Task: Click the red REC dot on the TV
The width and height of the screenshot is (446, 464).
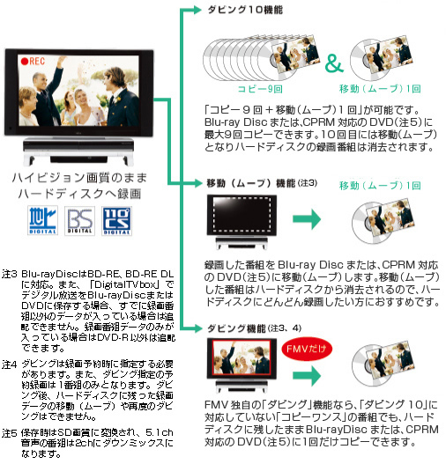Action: (x=25, y=62)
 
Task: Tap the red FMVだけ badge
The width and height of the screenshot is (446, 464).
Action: (x=307, y=349)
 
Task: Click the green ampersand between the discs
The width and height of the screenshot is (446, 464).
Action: (x=334, y=63)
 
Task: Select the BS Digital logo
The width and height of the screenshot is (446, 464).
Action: (x=79, y=221)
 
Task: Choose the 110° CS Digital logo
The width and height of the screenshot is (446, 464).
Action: (x=116, y=221)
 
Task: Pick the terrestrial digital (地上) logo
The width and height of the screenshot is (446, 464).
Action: (x=42, y=221)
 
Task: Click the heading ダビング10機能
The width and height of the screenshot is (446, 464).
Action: (x=245, y=10)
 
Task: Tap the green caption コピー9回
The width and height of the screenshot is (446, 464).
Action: (x=260, y=89)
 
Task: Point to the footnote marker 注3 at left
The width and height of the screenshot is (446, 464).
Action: (x=10, y=274)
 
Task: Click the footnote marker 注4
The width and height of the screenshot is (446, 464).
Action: (x=10, y=365)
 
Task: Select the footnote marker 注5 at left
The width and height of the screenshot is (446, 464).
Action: (x=10, y=433)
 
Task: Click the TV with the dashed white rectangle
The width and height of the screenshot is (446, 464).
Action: (x=242, y=222)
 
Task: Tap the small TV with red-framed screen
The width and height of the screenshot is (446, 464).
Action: (x=242, y=365)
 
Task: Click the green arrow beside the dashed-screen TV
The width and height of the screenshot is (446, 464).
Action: (x=307, y=219)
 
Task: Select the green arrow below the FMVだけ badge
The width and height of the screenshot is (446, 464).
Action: (x=307, y=376)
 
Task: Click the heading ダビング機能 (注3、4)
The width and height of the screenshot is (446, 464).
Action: (x=254, y=328)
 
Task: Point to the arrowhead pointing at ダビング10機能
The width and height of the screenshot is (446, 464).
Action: (x=197, y=10)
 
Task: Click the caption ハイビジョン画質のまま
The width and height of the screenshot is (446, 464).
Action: (x=79, y=178)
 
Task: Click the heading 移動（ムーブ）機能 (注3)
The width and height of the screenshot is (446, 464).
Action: (x=262, y=183)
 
